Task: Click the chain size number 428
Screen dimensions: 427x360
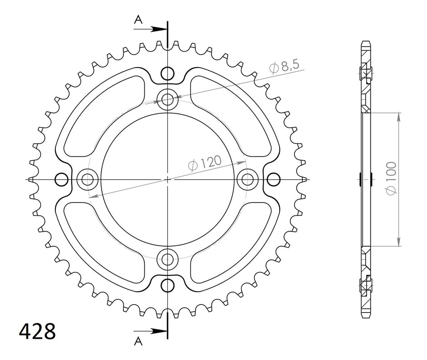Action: coord(37,331)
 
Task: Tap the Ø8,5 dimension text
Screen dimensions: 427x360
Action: coord(284,67)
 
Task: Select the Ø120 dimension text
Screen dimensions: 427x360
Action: coord(205,164)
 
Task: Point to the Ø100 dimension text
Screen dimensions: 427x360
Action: coord(391,178)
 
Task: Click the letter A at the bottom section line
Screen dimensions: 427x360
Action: coord(138,341)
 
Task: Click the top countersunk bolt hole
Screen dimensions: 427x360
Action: coord(168,99)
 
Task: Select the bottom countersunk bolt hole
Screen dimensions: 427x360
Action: coord(168,259)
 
